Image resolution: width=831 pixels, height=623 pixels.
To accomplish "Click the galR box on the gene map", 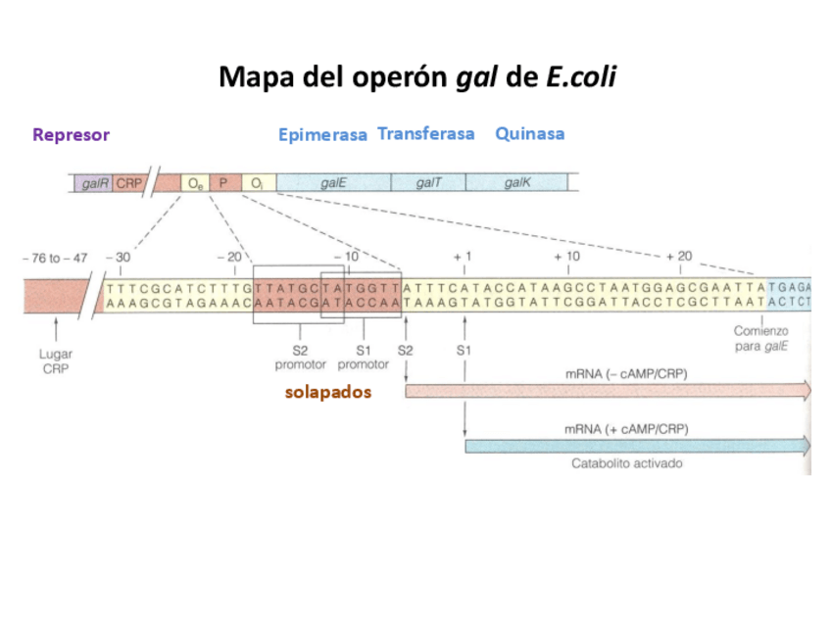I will [94, 183].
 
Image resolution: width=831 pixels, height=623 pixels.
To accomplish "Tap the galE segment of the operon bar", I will [333, 183].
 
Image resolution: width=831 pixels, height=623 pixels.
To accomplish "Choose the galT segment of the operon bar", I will [428, 183].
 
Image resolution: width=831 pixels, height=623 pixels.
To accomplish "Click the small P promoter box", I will [223, 183].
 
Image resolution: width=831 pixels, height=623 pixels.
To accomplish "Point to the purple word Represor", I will [71, 135].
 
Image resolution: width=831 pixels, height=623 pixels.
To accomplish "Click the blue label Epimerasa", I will [322, 135].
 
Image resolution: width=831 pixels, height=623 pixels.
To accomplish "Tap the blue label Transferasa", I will [425, 133].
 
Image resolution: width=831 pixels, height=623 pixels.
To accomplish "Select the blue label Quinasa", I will [529, 133].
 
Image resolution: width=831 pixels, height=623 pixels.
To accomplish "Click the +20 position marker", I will [677, 257].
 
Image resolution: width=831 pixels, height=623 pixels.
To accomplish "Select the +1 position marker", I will [463, 257].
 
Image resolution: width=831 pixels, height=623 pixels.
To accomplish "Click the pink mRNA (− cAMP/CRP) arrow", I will [608, 392].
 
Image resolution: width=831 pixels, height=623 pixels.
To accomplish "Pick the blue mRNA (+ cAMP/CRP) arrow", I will [637, 447].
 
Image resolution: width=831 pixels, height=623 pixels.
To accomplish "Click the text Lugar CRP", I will [56, 360].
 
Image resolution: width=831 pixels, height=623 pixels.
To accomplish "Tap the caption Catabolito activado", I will [626, 464].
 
